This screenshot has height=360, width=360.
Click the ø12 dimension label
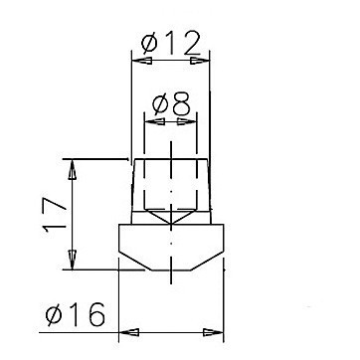pos(171,43)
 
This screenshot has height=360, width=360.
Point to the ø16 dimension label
pos(76,314)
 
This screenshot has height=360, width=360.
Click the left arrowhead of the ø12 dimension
pos(142,61)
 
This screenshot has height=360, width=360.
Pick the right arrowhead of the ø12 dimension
pos(200,61)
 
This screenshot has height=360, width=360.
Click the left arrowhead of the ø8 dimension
pos(155,121)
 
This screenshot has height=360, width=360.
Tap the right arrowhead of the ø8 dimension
pos(187,121)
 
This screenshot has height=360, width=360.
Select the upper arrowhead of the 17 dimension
pos(73,170)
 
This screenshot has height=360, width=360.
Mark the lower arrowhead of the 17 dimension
pos(73,260)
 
